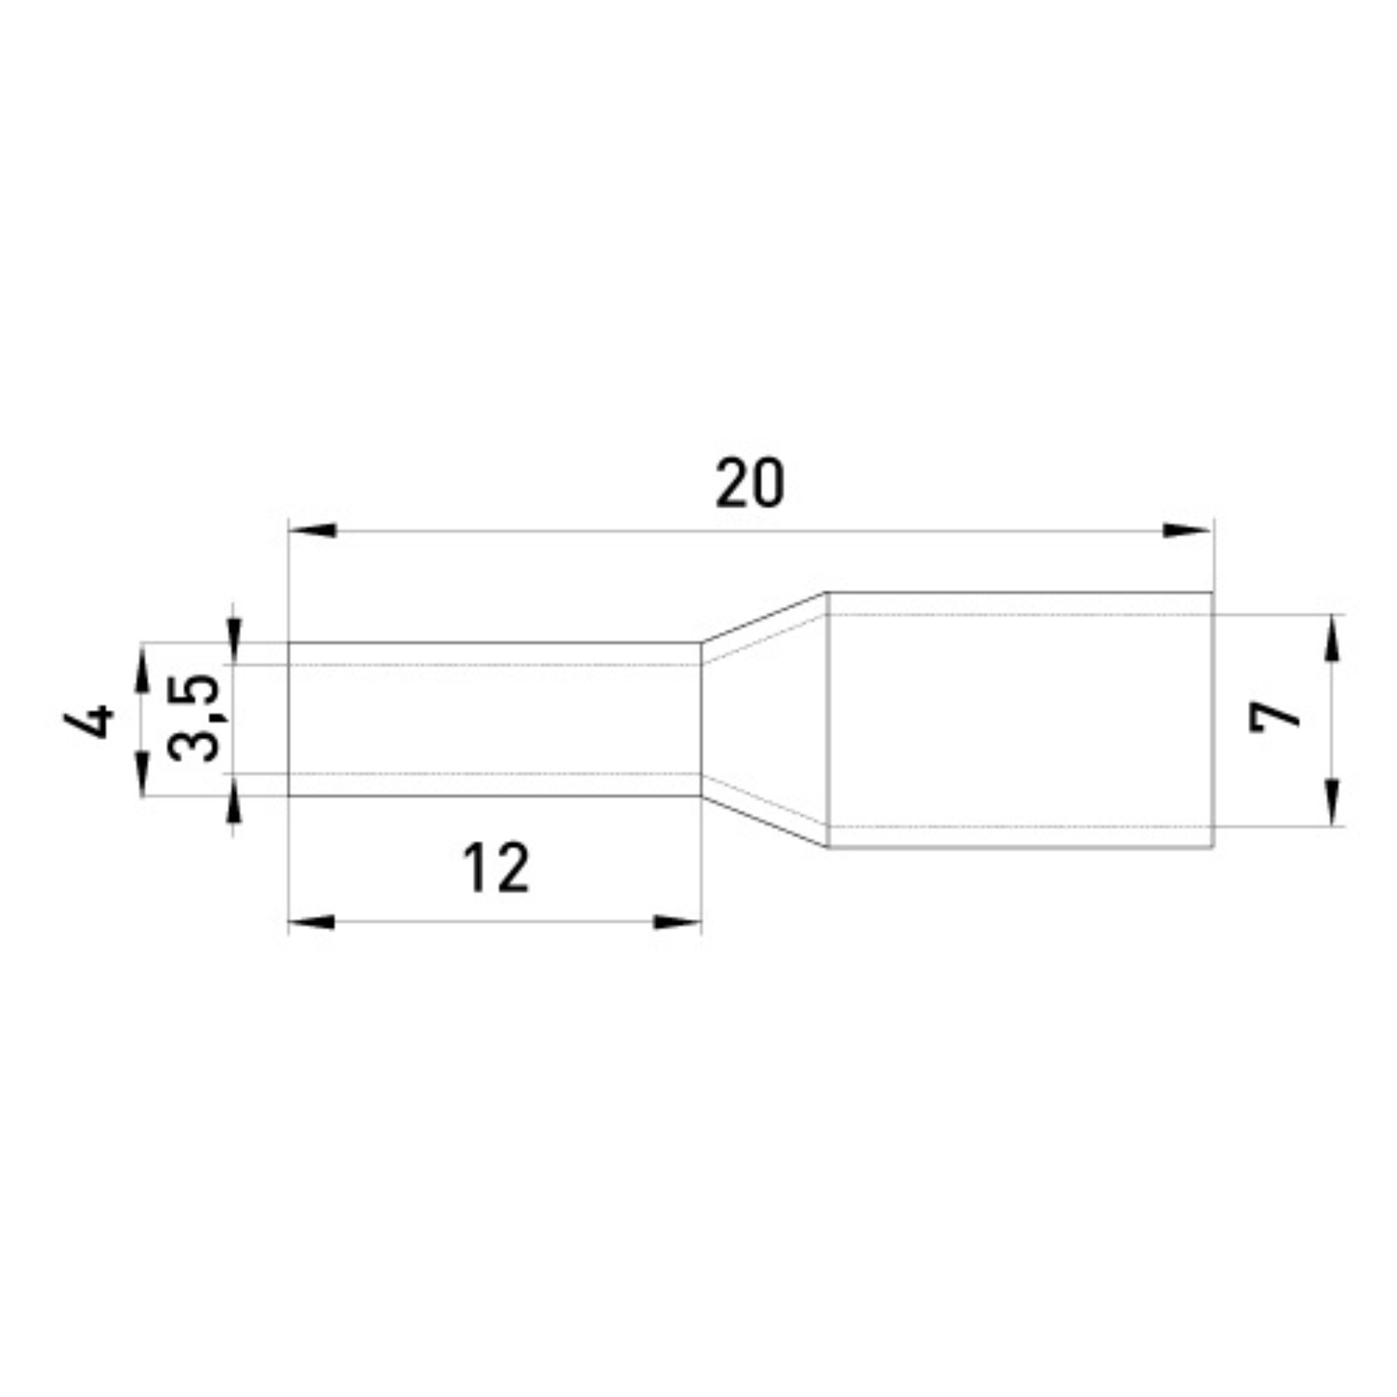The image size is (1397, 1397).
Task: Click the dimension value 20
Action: (749, 483)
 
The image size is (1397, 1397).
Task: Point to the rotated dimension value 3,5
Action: (194, 718)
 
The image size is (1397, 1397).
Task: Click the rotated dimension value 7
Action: (1275, 727)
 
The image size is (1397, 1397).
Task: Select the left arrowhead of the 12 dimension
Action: (312, 922)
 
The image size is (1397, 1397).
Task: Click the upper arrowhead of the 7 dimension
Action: (1332, 638)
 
